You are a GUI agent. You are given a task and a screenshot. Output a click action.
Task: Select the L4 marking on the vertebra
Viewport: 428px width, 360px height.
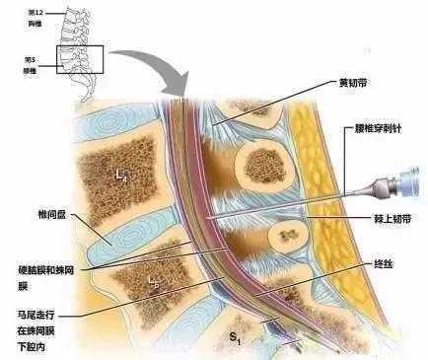120,176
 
